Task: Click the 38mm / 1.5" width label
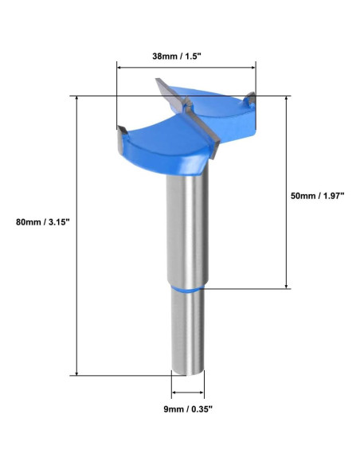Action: click(x=186, y=57)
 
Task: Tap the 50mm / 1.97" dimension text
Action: click(x=317, y=195)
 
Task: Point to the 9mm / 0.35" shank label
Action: click(x=189, y=409)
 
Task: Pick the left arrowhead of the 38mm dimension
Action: click(x=120, y=69)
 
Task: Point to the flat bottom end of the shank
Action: click(x=189, y=369)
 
